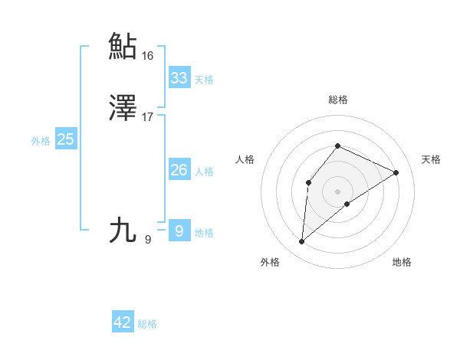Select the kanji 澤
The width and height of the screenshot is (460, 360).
point(123,109)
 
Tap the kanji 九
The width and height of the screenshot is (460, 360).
point(123,230)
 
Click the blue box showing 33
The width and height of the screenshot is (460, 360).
point(179,77)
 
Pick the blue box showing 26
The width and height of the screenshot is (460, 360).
point(179,169)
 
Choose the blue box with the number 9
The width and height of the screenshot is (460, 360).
point(179,231)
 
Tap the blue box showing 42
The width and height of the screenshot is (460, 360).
point(123,322)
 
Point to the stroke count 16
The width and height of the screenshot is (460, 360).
point(147,56)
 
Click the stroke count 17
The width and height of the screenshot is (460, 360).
point(147,118)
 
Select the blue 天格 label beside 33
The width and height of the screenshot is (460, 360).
point(204,79)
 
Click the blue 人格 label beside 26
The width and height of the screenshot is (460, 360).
point(204,171)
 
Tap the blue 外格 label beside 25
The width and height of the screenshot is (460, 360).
point(41,140)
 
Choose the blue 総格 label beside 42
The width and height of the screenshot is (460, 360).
point(147,324)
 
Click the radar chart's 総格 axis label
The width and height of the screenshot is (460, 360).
point(338,100)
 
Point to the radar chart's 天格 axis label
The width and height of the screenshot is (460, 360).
point(431,159)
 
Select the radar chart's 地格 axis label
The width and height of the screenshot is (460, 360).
point(402,262)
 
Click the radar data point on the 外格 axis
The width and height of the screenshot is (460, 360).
point(302,242)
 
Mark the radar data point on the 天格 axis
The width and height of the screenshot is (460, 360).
point(396,172)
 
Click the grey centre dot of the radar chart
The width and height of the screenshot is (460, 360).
point(338,191)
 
